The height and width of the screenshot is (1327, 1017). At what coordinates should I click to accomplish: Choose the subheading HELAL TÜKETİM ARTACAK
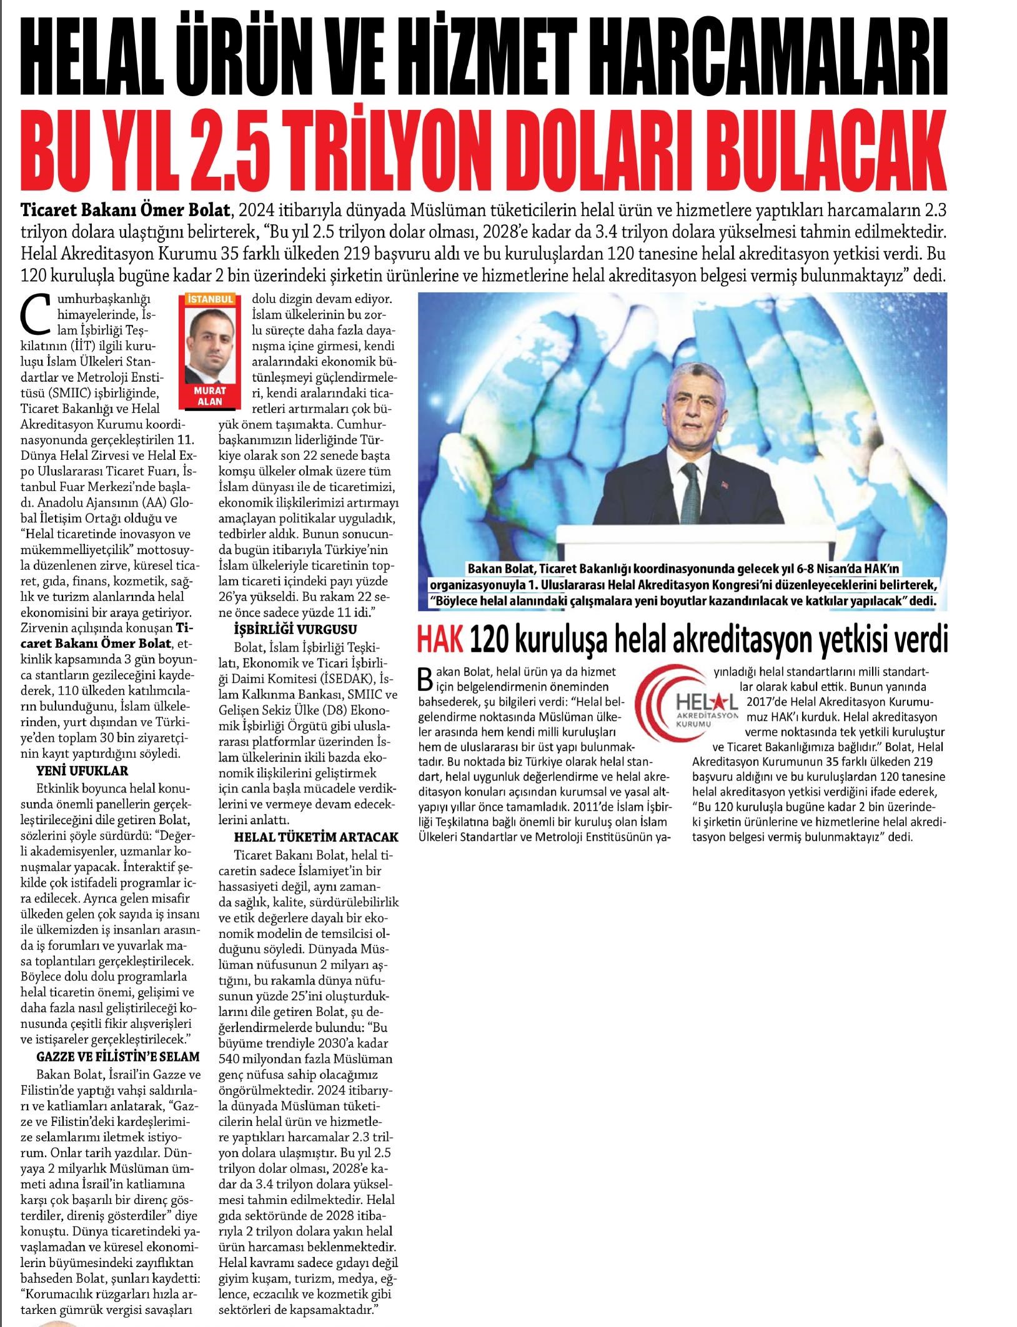316,836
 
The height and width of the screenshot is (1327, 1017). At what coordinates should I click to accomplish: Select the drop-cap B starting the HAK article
427,675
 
